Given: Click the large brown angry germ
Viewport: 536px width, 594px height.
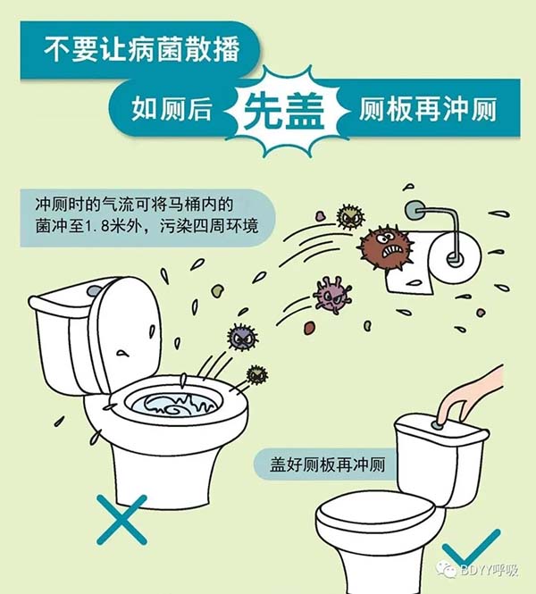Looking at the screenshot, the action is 385,247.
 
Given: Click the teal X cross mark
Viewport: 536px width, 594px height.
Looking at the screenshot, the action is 121,519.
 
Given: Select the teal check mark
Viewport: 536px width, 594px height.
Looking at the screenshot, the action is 471,548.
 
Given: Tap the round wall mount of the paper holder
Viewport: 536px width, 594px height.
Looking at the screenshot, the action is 415,210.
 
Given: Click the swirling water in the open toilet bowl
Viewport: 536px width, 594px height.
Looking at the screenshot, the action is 174,405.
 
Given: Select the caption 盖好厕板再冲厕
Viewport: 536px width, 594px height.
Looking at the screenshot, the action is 327,464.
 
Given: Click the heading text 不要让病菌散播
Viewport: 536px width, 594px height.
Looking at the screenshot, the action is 142,50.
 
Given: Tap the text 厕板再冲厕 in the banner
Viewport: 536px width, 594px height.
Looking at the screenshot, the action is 428,110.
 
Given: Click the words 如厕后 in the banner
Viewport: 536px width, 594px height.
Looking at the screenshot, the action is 172,109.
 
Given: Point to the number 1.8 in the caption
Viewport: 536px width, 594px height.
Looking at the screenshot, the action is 96,227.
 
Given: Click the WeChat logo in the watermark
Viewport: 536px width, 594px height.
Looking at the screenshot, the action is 447,569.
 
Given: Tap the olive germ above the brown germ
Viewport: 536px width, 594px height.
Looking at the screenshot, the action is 350,217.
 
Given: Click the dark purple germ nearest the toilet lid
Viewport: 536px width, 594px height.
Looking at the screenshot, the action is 242,337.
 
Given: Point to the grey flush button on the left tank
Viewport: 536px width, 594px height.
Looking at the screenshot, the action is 94,290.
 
